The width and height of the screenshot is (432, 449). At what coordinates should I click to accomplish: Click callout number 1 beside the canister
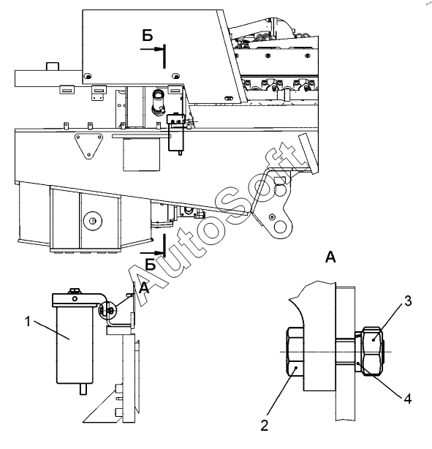click(x=28, y=322)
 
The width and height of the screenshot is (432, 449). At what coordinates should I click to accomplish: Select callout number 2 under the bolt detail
click(x=265, y=426)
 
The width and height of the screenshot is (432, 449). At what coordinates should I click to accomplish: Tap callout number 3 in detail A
click(x=408, y=301)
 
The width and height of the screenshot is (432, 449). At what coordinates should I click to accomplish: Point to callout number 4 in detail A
click(x=408, y=399)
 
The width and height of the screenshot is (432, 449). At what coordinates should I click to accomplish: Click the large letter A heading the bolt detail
click(x=330, y=257)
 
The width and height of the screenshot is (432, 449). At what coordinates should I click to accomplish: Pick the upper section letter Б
click(x=148, y=36)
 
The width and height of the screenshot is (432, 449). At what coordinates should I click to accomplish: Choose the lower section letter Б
click(x=151, y=264)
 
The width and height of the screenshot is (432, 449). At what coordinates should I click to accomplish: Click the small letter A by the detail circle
click(x=144, y=288)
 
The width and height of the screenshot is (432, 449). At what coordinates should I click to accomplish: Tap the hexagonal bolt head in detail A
click(x=295, y=352)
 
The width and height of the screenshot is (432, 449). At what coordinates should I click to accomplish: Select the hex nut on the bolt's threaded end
click(x=372, y=351)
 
